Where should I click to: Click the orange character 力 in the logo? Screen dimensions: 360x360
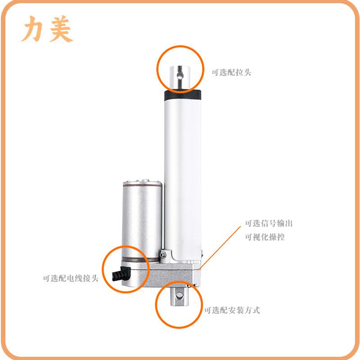coord(34,30)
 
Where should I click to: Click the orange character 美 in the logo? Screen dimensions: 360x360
coord(58,30)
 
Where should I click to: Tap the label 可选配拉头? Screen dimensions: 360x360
coord(231,72)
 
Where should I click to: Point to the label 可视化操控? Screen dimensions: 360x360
coord(265,237)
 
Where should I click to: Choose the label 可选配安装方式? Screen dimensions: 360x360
coord(232,310)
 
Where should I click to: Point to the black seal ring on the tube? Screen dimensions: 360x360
coord(183,95)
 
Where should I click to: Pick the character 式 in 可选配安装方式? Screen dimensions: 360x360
coord(256,310)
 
